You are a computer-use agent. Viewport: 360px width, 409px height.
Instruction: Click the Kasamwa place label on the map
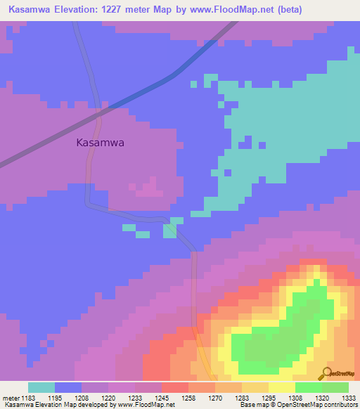tap(100, 142)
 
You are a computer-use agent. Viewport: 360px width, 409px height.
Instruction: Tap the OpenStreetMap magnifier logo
tap(325, 374)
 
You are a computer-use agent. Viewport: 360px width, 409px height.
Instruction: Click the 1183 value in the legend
tap(27, 398)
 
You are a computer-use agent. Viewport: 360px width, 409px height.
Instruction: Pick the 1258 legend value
tap(189, 398)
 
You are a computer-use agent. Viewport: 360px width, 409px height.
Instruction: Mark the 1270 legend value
tap(216, 398)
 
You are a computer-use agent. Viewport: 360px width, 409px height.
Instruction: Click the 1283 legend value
tap(243, 398)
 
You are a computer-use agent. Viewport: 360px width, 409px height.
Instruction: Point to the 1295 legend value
tap(269, 398)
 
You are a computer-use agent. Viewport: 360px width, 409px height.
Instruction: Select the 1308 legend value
tap(296, 398)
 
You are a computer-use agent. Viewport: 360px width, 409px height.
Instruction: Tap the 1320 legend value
tap(323, 398)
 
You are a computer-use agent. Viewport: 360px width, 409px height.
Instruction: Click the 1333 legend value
tap(349, 398)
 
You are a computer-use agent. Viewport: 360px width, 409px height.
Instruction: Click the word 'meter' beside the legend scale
tap(10, 398)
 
